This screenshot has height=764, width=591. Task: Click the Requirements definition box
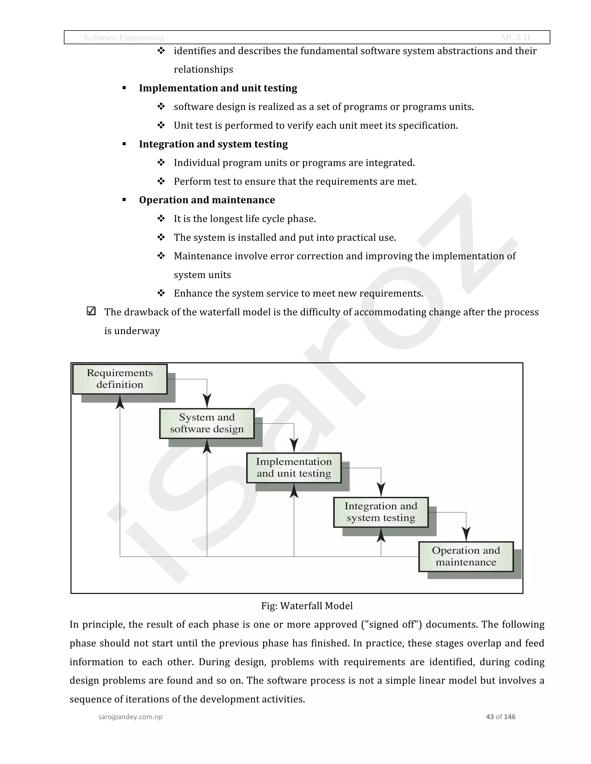(x=120, y=379)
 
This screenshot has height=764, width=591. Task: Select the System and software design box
(x=207, y=423)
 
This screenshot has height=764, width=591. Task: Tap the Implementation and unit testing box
(x=294, y=468)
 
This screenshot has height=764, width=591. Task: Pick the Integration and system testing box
(x=381, y=512)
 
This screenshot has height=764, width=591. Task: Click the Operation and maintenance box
(x=466, y=556)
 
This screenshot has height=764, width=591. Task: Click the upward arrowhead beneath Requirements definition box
(x=120, y=402)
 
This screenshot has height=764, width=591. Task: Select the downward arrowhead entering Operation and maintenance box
(x=466, y=534)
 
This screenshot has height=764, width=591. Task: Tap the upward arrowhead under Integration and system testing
(x=381, y=535)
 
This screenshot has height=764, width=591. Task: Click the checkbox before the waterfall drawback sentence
(x=91, y=311)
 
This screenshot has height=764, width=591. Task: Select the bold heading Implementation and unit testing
(x=218, y=88)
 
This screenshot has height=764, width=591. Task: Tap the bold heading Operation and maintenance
(x=207, y=200)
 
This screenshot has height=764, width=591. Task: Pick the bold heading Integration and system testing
(x=213, y=144)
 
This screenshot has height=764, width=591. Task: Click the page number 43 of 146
(x=500, y=717)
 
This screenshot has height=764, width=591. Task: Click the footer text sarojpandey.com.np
(x=130, y=717)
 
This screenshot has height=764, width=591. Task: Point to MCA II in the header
(x=515, y=37)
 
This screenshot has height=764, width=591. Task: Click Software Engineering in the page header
(x=124, y=37)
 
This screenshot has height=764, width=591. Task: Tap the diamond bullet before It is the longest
(x=161, y=219)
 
